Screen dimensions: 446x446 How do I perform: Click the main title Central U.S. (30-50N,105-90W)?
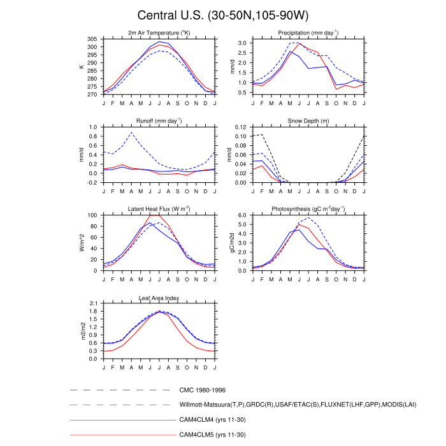223,15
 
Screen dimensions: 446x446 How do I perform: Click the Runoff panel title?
159,120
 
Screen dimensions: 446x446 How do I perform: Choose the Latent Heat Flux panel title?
159,209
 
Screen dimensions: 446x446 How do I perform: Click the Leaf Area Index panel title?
159,298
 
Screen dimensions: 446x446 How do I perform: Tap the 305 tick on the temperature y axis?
93,40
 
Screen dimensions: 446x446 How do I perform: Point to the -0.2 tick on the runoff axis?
92,182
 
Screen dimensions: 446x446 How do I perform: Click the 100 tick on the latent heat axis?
93,215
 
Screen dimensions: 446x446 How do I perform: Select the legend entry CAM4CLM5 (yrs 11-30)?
210,435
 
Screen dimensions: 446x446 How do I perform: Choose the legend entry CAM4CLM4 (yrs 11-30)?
210,420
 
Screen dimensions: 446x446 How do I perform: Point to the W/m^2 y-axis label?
82,243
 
